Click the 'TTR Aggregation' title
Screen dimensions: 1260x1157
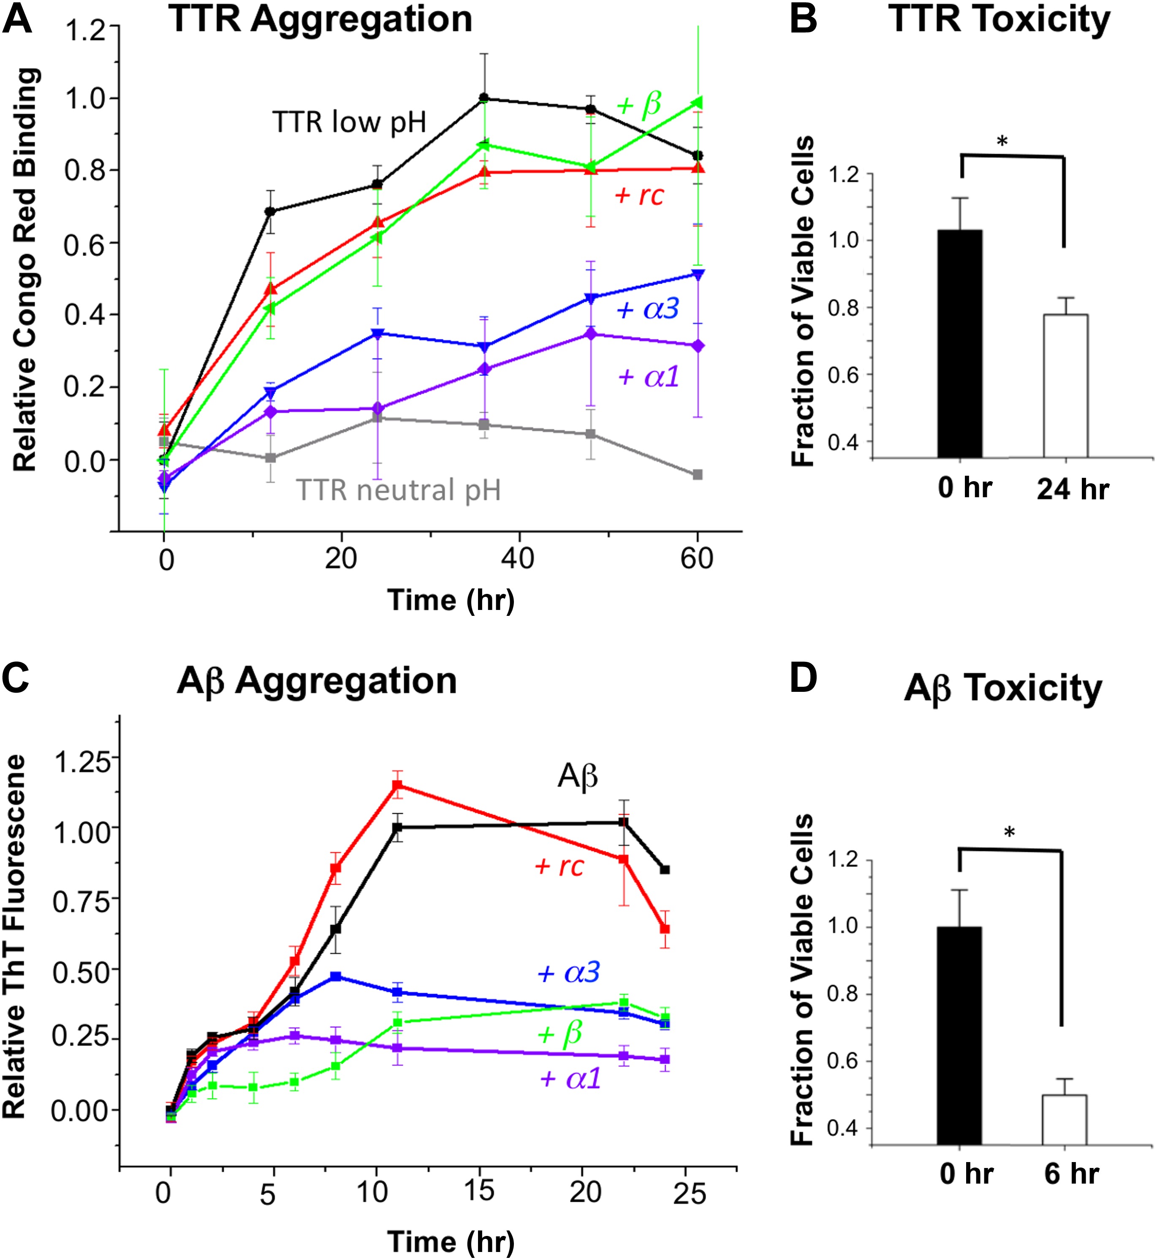click(320, 20)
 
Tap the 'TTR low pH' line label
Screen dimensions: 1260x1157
click(349, 123)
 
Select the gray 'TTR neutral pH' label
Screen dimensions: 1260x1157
click(398, 490)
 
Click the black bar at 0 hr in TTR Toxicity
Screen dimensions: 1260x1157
click(960, 344)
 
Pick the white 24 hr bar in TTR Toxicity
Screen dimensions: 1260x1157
click(1066, 386)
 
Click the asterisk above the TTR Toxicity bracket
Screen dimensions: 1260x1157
click(1002, 141)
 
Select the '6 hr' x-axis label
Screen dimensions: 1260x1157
click(1071, 1173)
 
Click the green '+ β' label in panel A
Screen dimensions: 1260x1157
click(638, 105)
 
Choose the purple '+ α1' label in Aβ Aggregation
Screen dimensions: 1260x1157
click(570, 1078)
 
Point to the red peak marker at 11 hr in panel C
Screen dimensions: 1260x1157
click(397, 785)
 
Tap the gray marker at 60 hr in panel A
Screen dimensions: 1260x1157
click(698, 474)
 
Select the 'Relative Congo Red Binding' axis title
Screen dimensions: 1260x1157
click(25, 269)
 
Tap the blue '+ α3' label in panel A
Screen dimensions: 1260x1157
click(648, 309)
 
